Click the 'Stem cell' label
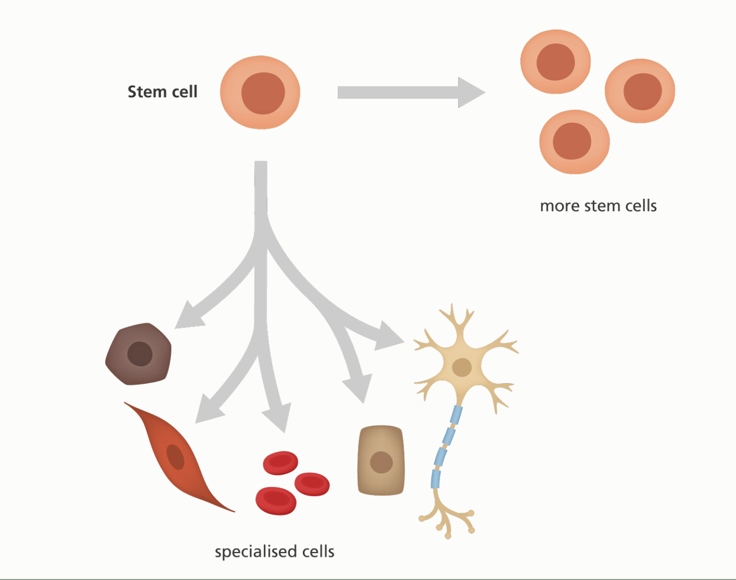(162, 92)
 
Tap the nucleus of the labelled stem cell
(263, 93)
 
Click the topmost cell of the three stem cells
(556, 62)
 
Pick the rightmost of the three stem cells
(640, 91)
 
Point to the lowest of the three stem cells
(575, 142)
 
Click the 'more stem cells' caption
(598, 206)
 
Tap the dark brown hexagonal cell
(139, 354)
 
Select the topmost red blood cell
(281, 462)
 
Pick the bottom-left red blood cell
(276, 500)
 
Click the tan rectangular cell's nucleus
(381, 462)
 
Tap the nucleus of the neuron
(461, 367)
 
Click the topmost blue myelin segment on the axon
(456, 415)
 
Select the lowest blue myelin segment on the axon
(436, 478)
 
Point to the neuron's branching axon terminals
(446, 518)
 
